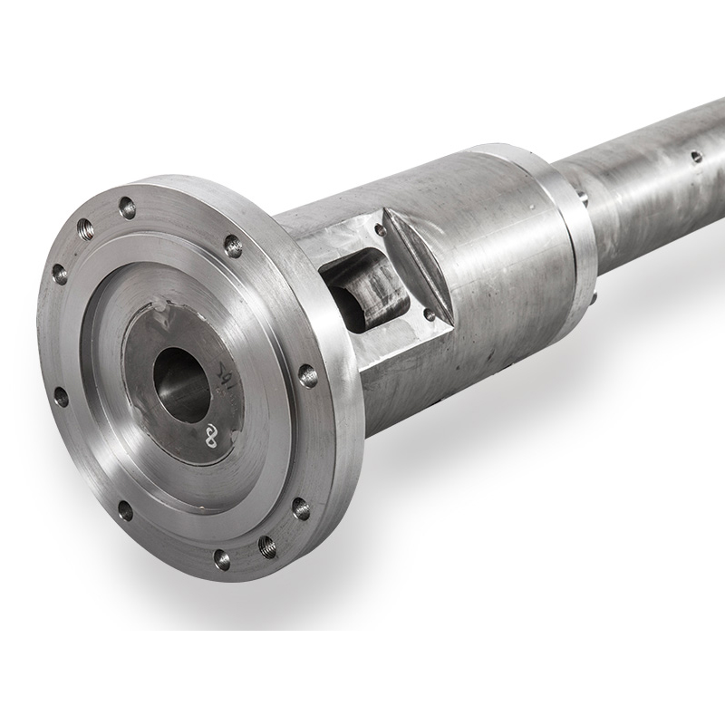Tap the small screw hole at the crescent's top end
pos(381,229)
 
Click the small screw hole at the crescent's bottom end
pos(429,314)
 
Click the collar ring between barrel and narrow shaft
pos(566,227)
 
